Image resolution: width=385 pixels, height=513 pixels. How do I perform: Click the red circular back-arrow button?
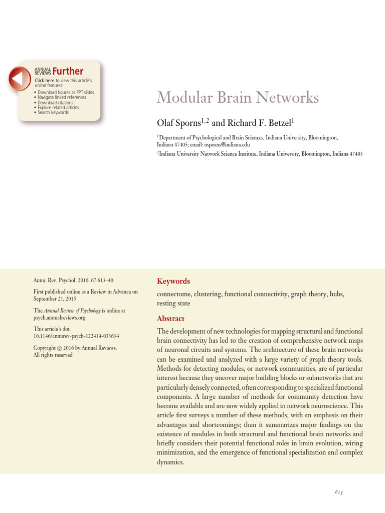click(x=19, y=79)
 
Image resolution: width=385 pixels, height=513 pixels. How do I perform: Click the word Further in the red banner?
click(x=68, y=71)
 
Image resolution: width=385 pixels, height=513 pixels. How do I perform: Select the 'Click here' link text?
click(x=45, y=81)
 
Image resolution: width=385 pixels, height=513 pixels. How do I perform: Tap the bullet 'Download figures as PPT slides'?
click(x=66, y=92)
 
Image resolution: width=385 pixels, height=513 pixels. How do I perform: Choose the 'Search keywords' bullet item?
click(x=53, y=112)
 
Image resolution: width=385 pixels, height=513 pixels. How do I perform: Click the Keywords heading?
click(x=173, y=282)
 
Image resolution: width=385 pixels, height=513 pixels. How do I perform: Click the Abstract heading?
click(x=170, y=319)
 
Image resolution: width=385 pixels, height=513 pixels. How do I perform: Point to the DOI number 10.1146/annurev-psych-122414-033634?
click(x=76, y=336)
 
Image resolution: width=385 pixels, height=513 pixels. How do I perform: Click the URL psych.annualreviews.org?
click(x=60, y=318)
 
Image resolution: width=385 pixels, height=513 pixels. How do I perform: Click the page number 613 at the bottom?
click(x=339, y=492)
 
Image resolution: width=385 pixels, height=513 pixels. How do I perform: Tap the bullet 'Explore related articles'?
click(x=58, y=107)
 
